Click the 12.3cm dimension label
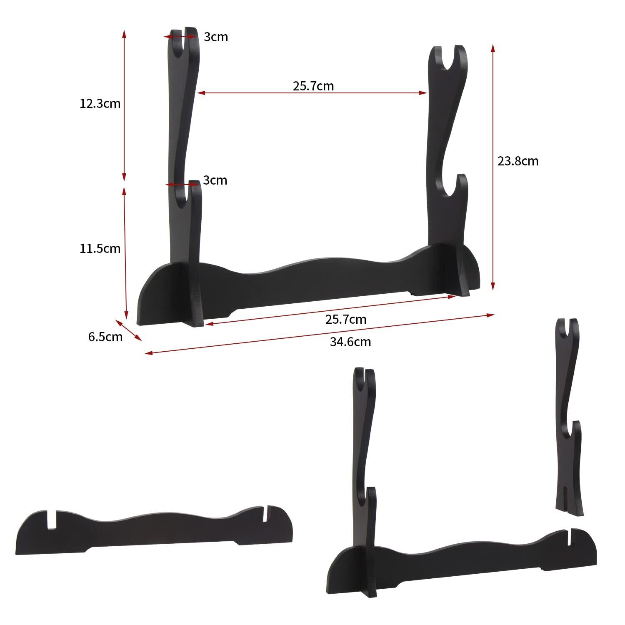point(100,103)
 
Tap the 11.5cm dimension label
point(100,248)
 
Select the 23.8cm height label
point(518,161)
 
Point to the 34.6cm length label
point(350,342)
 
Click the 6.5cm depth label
point(105,337)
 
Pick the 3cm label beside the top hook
point(216,37)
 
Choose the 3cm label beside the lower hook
point(215,180)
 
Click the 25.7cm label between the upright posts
point(313,86)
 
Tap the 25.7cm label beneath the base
point(346,319)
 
